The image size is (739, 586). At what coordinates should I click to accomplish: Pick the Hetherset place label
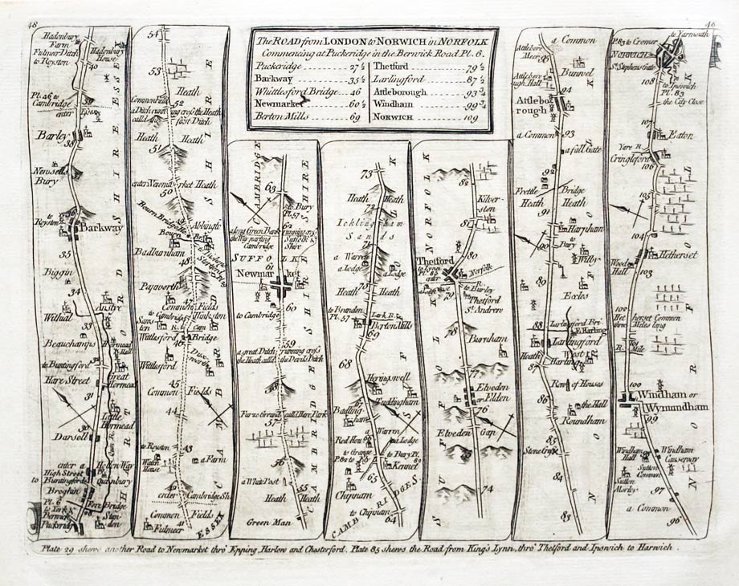tap(680, 254)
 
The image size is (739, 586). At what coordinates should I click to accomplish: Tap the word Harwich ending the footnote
tap(655, 547)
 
